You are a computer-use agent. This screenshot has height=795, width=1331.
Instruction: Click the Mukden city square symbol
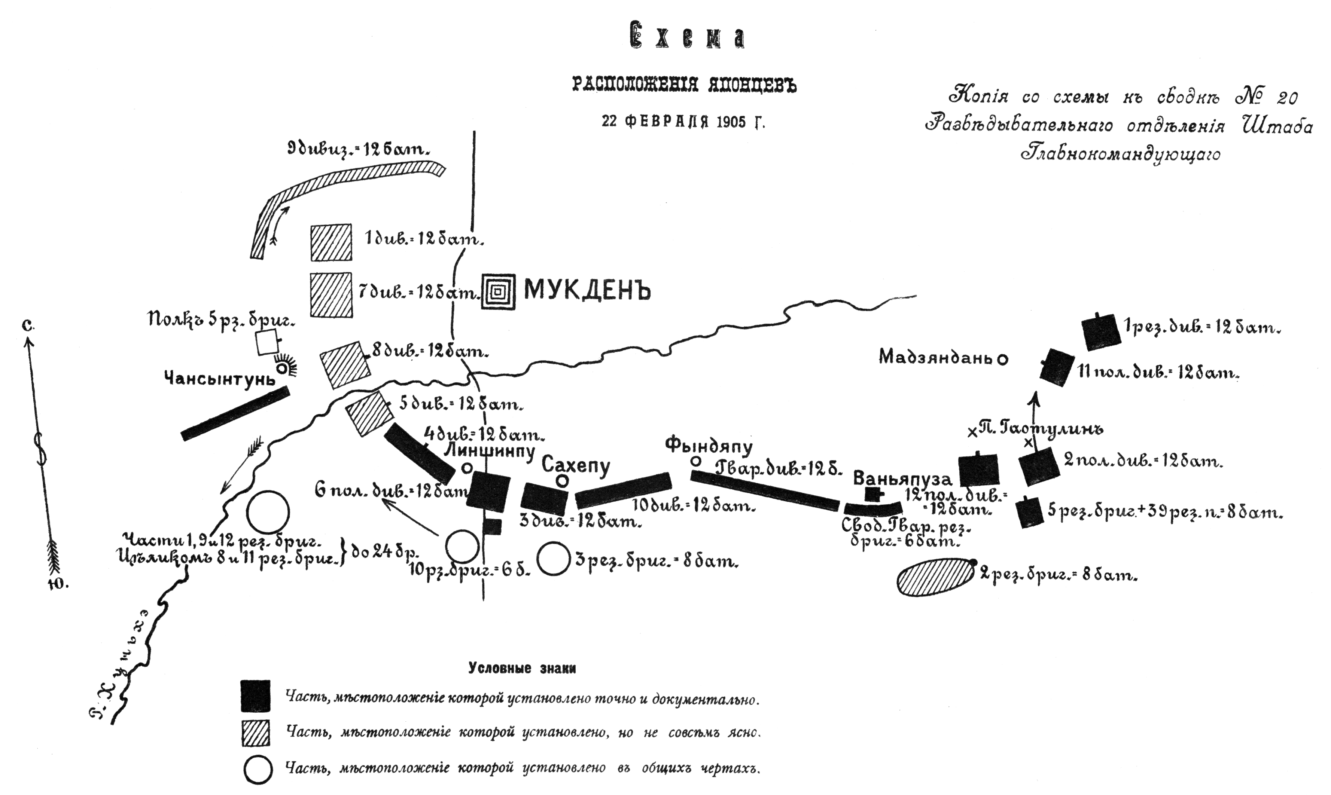tap(498, 292)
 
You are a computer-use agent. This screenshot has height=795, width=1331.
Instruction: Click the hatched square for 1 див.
tap(331, 242)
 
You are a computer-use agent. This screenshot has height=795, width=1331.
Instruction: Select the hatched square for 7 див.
tap(332, 295)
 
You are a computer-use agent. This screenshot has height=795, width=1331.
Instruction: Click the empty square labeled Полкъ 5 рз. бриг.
tap(267, 343)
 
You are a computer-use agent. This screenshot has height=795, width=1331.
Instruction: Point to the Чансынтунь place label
tap(220, 379)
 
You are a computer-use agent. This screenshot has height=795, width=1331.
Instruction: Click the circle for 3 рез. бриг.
tap(554, 559)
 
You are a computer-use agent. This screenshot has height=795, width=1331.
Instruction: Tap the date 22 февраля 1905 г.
tap(683, 122)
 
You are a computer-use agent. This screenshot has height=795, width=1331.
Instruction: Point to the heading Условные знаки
tap(522, 668)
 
